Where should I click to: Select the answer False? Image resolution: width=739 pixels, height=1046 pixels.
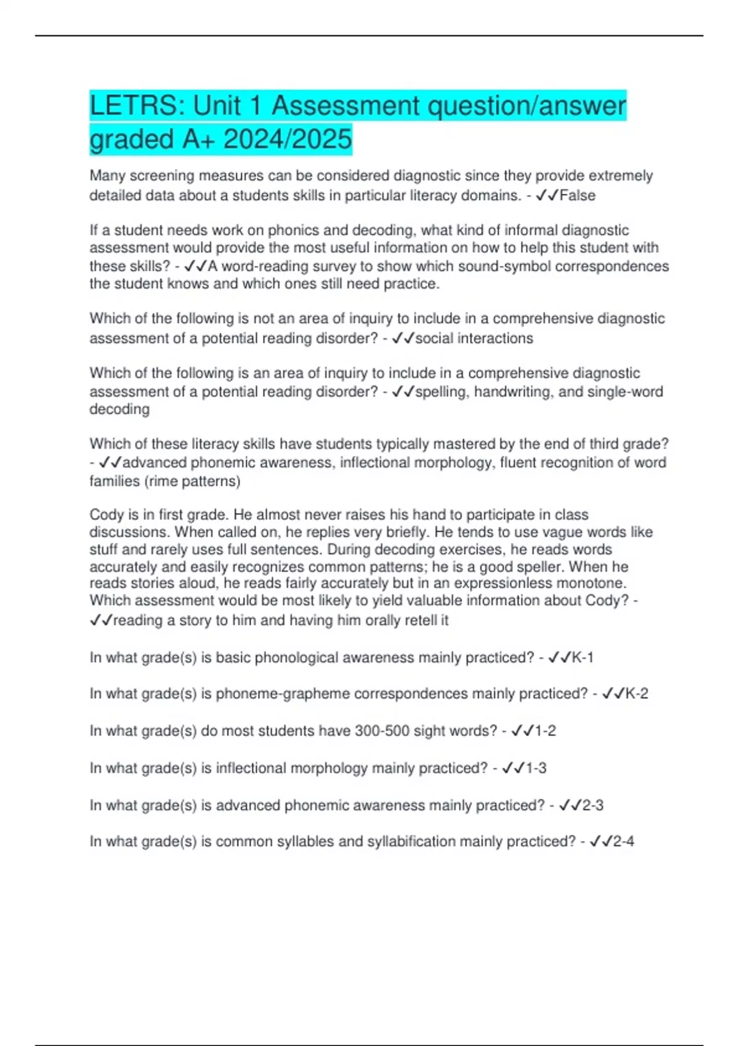tap(577, 196)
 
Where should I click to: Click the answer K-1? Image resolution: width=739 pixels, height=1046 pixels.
tap(583, 658)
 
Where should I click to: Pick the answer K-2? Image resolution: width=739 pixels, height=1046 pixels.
tap(637, 693)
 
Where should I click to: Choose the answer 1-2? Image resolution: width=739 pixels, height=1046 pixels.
tap(545, 731)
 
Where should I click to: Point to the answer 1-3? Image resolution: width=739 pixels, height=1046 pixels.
tap(536, 768)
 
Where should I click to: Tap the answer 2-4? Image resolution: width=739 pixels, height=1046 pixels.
tap(623, 841)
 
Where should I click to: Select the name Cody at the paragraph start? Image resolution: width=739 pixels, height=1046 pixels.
tap(107, 514)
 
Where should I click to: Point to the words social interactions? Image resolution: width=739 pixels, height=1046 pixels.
tap(474, 338)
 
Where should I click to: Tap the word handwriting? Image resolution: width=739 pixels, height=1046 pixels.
tap(514, 391)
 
